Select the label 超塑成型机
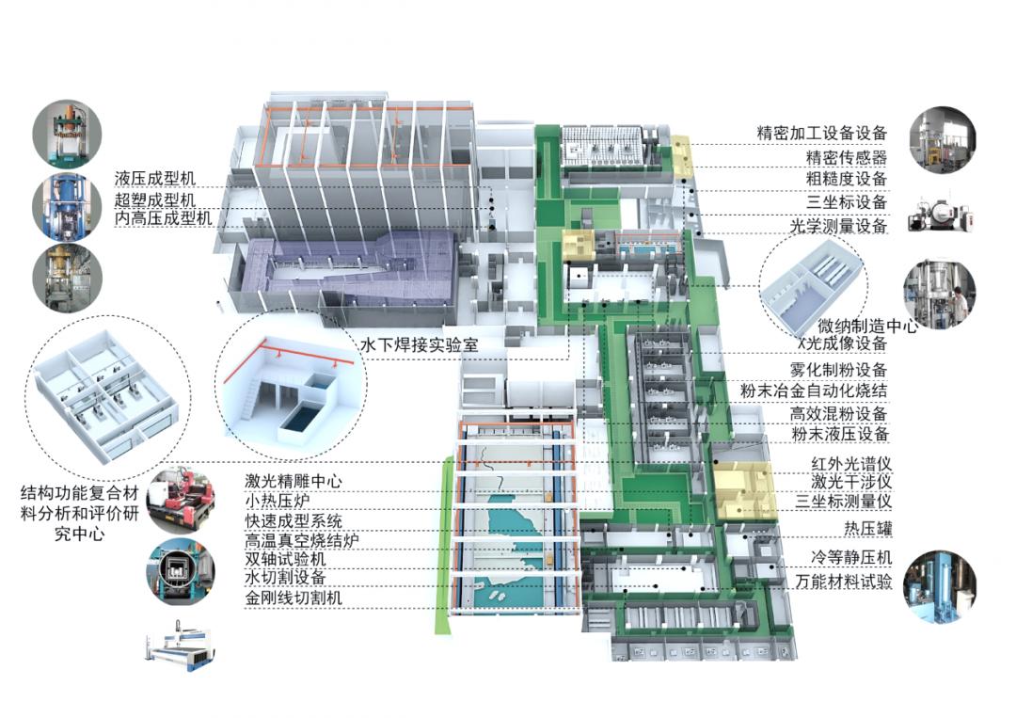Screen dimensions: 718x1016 click(x=155, y=199)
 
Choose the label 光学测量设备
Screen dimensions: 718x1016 click(x=839, y=226)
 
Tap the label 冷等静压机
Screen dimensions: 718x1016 click(x=851, y=556)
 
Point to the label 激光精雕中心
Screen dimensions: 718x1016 click(x=294, y=481)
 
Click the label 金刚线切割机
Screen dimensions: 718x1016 click(x=294, y=598)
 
